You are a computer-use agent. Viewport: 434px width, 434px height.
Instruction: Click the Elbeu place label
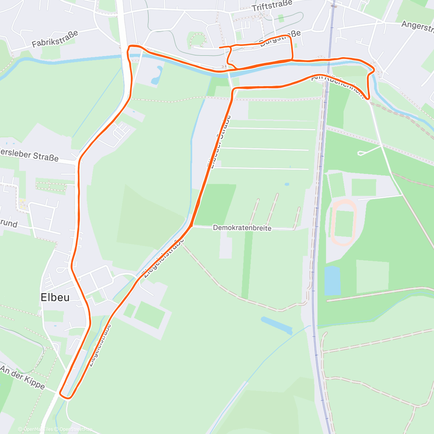click(55, 297)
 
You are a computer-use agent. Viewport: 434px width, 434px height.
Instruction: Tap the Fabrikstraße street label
click(55, 39)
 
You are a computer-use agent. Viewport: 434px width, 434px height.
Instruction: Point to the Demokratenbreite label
click(242, 228)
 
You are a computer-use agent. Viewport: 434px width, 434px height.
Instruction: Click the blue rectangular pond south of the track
click(332, 281)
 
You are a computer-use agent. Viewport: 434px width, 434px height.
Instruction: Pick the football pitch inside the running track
click(344, 224)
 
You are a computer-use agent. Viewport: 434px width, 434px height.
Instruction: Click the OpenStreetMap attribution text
click(76, 430)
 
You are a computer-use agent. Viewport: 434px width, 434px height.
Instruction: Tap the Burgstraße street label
click(281, 39)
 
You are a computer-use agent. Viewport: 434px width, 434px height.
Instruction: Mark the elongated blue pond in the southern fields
click(276, 325)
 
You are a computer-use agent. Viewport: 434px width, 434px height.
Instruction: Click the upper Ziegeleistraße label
click(164, 258)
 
